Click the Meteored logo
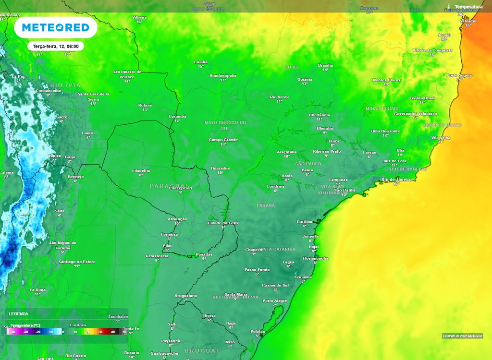56,28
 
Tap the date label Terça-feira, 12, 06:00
56,46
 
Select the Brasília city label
325,65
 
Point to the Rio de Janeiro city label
397,180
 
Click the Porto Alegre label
275,300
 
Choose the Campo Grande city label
223,140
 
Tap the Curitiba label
305,221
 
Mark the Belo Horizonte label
385,131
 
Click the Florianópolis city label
315,258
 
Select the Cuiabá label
201,62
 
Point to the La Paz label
18,76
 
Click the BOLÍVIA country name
65,85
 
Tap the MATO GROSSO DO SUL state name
225,125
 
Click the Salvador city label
468,21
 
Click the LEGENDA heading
18,313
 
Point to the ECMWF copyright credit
462,336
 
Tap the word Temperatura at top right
468,7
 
